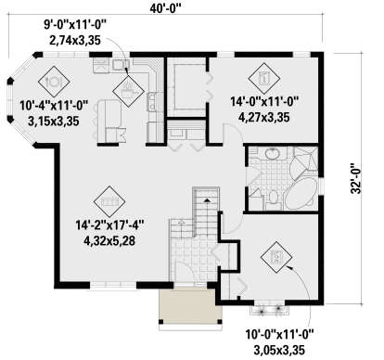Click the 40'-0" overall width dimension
click(x=165, y=8)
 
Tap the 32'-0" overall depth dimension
click(x=356, y=178)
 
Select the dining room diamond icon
click(x=54, y=82)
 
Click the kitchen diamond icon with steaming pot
click(x=128, y=91)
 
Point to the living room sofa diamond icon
click(x=109, y=201)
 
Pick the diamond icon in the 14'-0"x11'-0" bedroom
click(x=264, y=79)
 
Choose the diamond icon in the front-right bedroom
click(x=276, y=257)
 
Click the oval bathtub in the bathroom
click(x=301, y=194)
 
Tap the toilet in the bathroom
click(x=273, y=199)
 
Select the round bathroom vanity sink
click(x=273, y=154)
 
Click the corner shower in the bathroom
click(x=305, y=159)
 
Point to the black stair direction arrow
click(x=207, y=200)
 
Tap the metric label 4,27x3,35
click(x=264, y=118)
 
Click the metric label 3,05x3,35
click(x=280, y=351)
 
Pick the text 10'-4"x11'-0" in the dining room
click(x=54, y=106)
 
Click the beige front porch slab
click(x=190, y=304)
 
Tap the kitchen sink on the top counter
click(x=121, y=64)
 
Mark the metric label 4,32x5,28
click(x=109, y=240)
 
